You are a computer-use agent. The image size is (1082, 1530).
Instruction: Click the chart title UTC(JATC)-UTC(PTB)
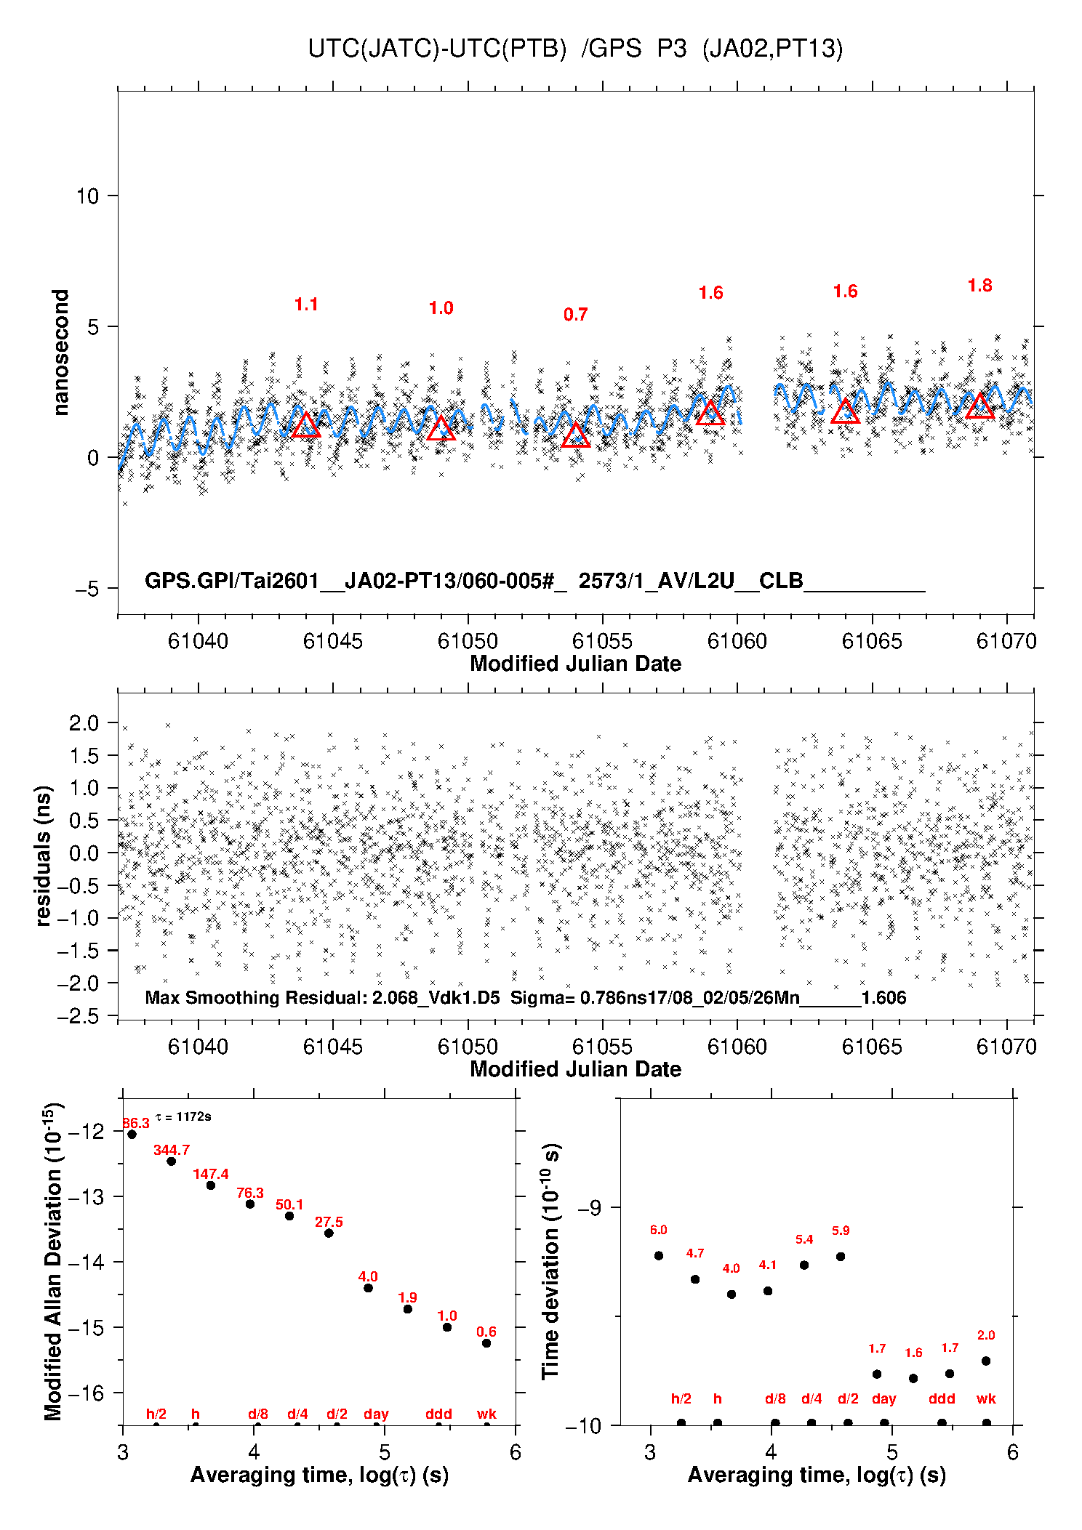pos(437,49)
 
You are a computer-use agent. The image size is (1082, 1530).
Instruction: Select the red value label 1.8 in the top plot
pos(979,286)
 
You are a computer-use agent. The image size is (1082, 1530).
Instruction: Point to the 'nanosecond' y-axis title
pos(60,352)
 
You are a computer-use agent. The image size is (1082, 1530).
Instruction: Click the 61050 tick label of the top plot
pos(468,641)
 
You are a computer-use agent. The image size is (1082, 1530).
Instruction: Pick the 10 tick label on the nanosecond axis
pos(87,196)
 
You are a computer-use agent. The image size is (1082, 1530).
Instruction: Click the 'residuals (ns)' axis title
pos(44,855)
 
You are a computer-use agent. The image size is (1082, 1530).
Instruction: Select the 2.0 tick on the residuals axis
pos(84,723)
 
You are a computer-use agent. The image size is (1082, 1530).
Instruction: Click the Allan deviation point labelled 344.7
pos(172,1161)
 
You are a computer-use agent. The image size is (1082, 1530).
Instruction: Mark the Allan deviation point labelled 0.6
pos(486,1342)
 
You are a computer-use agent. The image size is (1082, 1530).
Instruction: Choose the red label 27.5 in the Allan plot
pos(329,1222)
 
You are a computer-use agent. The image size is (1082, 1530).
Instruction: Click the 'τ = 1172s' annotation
pos(183,1116)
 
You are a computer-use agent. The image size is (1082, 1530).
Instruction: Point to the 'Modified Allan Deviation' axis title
pos(53,1261)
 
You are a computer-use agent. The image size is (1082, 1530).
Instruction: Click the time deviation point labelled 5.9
pos(841,1256)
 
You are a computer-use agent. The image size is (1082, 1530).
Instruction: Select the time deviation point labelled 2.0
pos(986,1361)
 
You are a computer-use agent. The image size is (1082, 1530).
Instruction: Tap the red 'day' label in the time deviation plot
pos(884,1398)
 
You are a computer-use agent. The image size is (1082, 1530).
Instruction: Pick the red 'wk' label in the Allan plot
pos(486,1414)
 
